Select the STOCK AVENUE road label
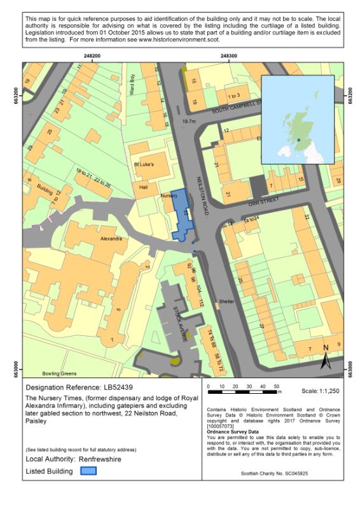(180, 325)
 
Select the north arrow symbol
(326, 358)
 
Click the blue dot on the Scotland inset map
(298, 140)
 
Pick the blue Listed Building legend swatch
(88, 471)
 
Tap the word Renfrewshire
(102, 458)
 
